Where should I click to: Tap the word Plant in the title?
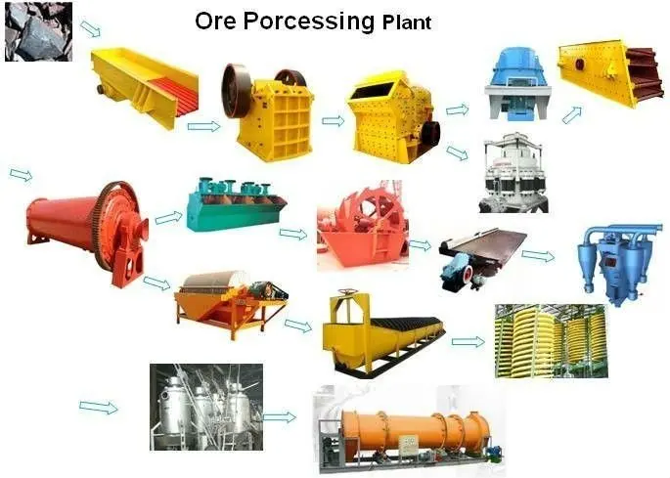coord(405,22)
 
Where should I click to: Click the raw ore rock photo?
coord(37,31)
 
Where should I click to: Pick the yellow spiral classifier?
coord(381,332)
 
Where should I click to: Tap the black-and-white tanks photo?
coord(205,407)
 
